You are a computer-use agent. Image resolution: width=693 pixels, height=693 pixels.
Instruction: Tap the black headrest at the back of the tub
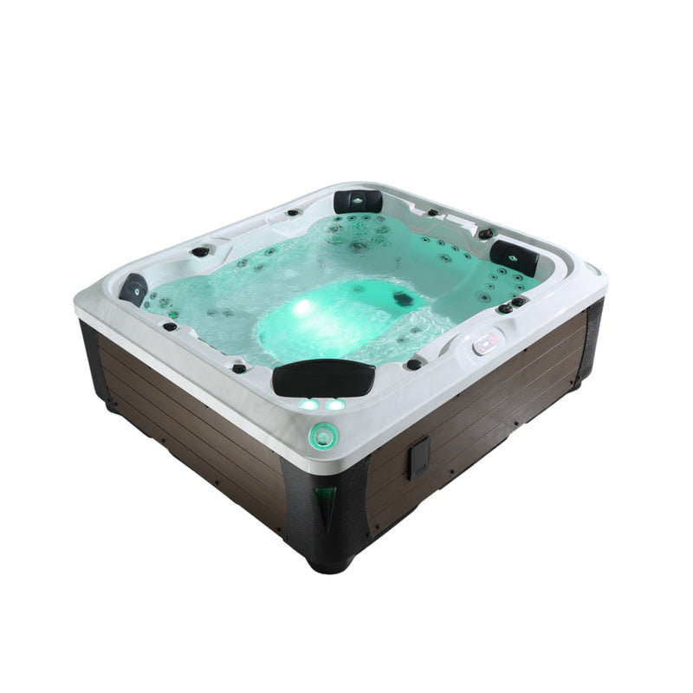pyautogui.click(x=358, y=201)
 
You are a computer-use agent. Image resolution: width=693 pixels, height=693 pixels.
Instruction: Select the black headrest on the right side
pyautogui.click(x=515, y=256)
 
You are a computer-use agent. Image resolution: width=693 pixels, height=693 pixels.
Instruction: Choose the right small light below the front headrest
pyautogui.click(x=335, y=404)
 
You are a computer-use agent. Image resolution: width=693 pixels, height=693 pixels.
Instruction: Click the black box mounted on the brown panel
pyautogui.click(x=418, y=457)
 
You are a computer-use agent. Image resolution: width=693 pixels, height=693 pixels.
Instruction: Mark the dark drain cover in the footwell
pyautogui.click(x=401, y=299)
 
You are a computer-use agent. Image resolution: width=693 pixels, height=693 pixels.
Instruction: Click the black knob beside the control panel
pyautogui.click(x=414, y=364)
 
